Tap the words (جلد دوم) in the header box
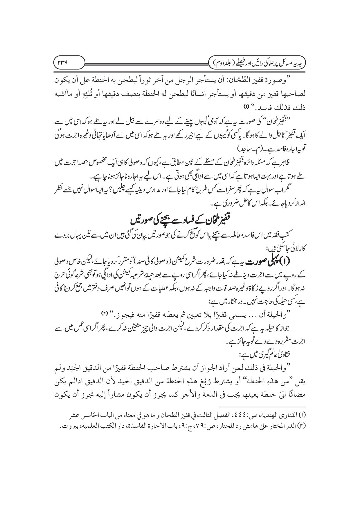click(225, 61)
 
